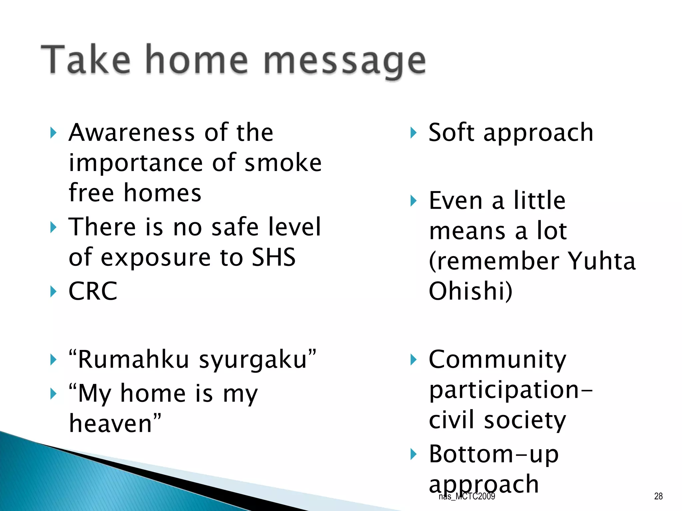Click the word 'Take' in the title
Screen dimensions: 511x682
pos(86,60)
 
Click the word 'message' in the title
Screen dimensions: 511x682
pos(345,62)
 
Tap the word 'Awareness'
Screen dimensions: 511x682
pos(132,132)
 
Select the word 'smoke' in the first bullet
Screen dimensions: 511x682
pos(283,163)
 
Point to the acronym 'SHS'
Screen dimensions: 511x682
pos(273,257)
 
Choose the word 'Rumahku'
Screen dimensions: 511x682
pos(133,360)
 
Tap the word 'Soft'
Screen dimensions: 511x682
pos(451,132)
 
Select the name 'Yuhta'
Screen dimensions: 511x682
pos(601,261)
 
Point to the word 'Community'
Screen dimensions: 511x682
pos(498,360)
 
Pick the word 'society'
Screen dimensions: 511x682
pos(525,420)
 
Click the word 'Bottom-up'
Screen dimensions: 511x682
pos(494,454)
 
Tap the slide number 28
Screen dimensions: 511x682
pos(658,496)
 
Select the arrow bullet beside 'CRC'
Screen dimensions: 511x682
pos(53,292)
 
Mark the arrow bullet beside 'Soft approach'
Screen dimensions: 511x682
pos(413,133)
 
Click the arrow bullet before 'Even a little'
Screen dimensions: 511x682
pos(413,201)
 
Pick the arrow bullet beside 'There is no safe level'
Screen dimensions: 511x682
pos(53,228)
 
